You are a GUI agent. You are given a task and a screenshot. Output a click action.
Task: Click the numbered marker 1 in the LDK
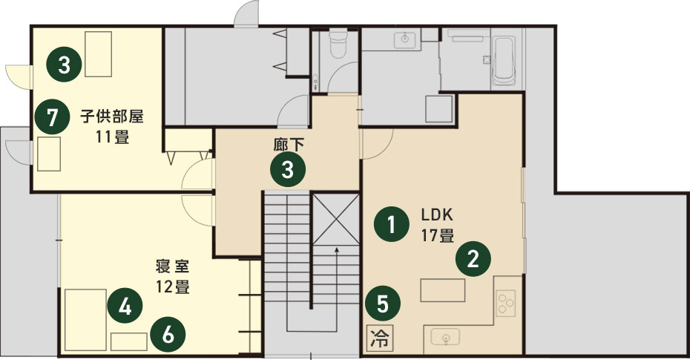[x=391, y=224]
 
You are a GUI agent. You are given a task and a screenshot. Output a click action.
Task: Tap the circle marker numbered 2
[x=473, y=259]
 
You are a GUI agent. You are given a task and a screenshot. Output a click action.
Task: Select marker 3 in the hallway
[x=288, y=169]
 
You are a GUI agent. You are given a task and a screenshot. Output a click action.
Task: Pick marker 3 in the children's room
[x=65, y=65]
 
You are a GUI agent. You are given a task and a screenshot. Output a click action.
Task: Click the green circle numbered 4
[x=125, y=305]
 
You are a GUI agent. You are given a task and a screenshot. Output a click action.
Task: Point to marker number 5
[x=382, y=304]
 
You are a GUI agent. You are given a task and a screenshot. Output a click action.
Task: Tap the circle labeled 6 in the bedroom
[x=168, y=335]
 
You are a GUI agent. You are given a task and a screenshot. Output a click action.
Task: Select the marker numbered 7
[x=53, y=117]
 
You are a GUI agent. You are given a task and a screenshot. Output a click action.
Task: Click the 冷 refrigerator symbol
[x=378, y=338]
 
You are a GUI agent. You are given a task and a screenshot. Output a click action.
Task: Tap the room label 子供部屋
[x=112, y=117]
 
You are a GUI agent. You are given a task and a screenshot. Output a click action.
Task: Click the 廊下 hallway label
[x=288, y=144]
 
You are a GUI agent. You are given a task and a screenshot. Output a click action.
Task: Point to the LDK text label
[x=437, y=215]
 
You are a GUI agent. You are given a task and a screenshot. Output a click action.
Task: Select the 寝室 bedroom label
[x=172, y=266]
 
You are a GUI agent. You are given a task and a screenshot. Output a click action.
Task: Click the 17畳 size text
[x=438, y=235]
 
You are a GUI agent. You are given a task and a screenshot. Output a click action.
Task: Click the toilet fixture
[x=338, y=43]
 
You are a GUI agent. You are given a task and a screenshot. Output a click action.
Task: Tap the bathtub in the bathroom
[x=504, y=61]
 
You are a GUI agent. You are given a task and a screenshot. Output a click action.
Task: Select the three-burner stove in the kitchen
[x=505, y=302]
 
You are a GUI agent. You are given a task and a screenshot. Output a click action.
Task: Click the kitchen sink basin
[x=445, y=338]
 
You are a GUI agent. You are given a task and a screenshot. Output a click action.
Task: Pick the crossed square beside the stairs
[x=336, y=219]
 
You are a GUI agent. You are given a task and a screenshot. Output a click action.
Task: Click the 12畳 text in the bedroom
[x=172, y=287]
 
